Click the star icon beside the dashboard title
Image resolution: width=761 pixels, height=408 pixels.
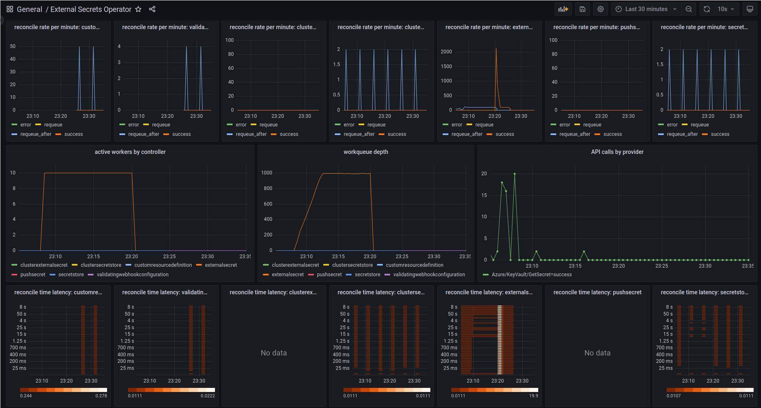(x=138, y=9)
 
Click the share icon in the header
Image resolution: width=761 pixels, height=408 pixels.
(x=152, y=9)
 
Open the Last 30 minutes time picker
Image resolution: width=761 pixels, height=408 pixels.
(x=646, y=9)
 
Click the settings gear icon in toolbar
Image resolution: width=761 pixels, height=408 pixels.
(x=601, y=9)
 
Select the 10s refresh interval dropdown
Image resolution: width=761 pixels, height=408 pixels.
(x=726, y=9)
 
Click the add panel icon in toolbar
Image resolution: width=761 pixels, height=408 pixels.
(x=563, y=9)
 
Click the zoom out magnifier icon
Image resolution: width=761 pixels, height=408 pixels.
(x=689, y=9)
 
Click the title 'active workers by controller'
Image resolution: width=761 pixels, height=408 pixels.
(x=130, y=152)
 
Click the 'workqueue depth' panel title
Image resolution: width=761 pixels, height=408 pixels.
(x=366, y=152)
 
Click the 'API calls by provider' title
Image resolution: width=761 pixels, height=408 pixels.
(x=617, y=152)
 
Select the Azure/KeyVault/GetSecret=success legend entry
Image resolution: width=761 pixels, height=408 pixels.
(x=531, y=275)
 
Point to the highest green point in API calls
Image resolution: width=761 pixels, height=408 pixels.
(x=514, y=174)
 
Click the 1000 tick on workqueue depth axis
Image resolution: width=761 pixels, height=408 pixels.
(x=267, y=173)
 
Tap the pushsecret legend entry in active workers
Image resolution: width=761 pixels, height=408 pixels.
(x=32, y=275)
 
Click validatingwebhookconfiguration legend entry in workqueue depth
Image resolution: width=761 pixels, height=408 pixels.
(x=429, y=275)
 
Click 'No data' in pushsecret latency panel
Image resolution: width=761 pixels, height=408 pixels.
(x=597, y=353)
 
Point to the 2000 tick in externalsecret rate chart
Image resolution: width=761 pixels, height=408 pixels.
(x=446, y=52)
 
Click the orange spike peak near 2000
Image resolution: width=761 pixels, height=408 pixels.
(x=496, y=49)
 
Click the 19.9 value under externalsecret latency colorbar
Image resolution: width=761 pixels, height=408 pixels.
(x=533, y=396)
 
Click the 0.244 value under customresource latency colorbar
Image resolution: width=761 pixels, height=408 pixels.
(x=26, y=396)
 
